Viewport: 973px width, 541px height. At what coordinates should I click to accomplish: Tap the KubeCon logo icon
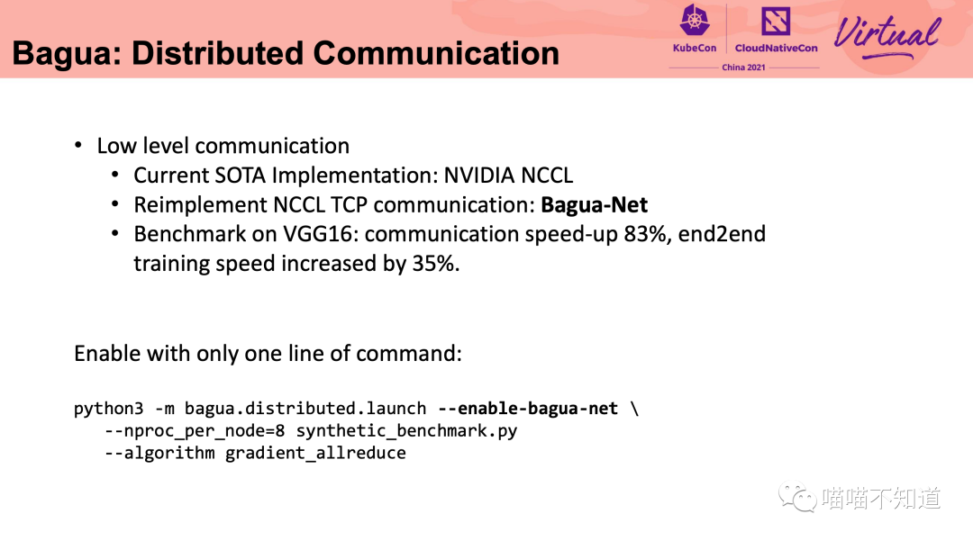point(695,22)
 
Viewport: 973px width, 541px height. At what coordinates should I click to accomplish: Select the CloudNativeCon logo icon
point(776,22)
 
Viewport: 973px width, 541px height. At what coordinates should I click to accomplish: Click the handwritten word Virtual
point(887,36)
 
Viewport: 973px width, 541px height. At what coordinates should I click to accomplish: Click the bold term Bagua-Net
point(594,205)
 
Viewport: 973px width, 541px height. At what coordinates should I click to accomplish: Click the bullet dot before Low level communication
point(78,145)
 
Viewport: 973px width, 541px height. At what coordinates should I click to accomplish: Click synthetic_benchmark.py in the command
point(406,431)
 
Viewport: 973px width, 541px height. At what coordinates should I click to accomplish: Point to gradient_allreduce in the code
point(315,453)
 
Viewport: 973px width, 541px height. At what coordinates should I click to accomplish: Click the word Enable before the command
point(107,353)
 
